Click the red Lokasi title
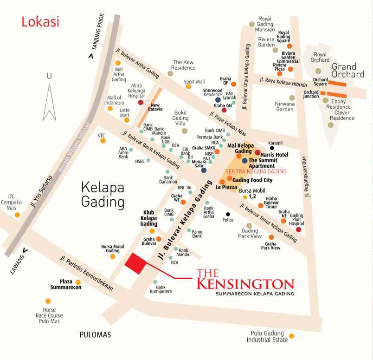40,22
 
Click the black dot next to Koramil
272,135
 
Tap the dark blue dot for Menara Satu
204,170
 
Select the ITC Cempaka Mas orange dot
17,215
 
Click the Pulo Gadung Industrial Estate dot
291,336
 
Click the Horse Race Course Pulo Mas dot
48,301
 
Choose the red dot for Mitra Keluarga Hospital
141,102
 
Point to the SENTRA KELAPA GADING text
256,171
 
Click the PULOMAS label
95,334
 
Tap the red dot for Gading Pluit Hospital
298,229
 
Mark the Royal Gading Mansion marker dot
252,24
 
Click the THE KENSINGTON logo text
245,281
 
